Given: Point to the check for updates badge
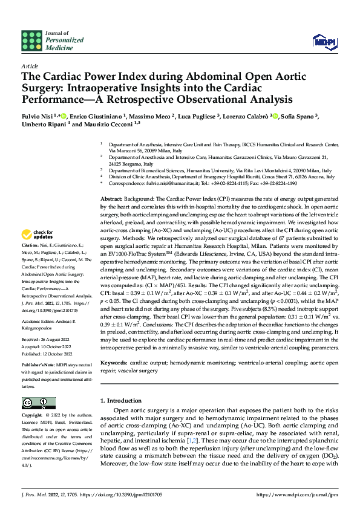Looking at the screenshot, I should (38, 234).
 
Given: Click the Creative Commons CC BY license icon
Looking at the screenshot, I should (38, 403).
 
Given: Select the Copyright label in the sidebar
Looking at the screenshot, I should (32, 417).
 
